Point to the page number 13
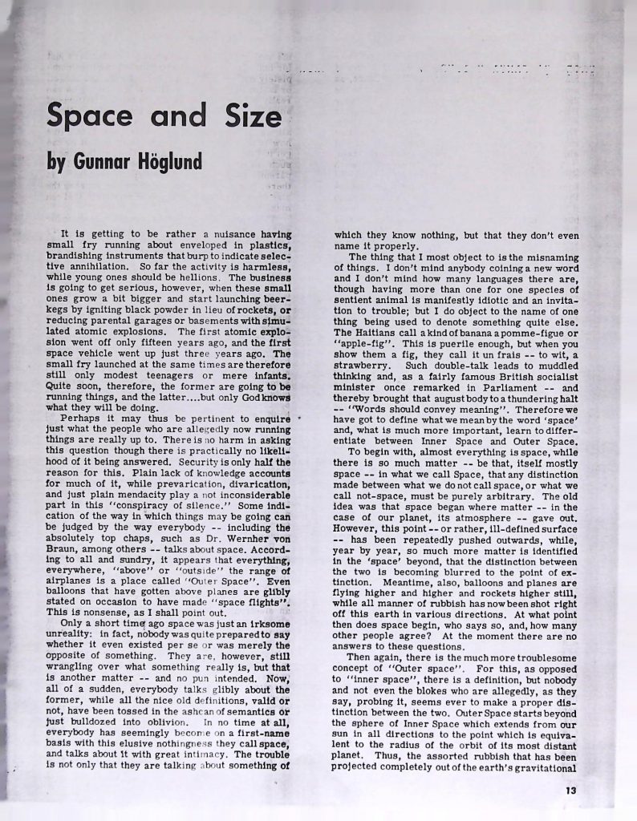pyautogui.click(x=570, y=790)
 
